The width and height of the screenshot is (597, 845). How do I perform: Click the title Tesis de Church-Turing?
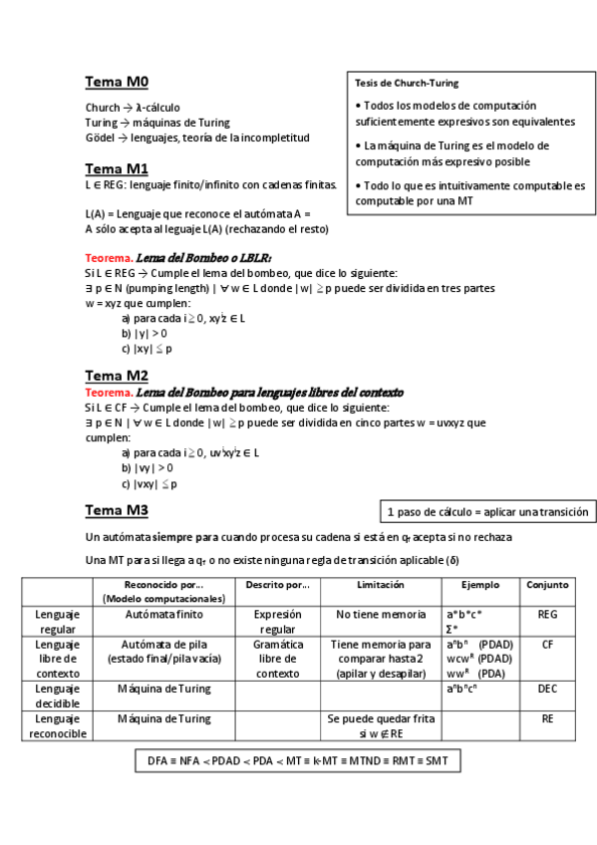(x=407, y=83)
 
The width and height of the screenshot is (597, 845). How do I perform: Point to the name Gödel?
(x=102, y=138)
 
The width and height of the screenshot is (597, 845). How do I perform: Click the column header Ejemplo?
(x=480, y=585)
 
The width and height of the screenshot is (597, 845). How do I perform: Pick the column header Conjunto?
(x=548, y=585)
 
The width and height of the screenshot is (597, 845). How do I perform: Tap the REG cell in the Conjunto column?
(x=548, y=615)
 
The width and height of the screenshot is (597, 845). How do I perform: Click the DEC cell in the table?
(x=548, y=689)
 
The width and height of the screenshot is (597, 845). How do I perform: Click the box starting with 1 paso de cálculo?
(x=486, y=512)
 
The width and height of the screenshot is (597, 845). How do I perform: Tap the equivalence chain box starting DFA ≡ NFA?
(x=298, y=760)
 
